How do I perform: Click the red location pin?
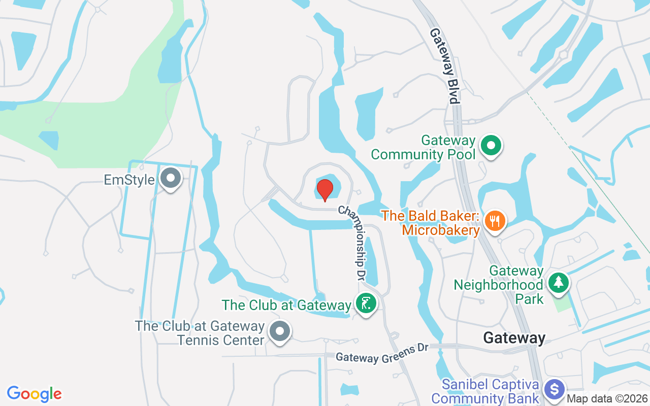(324, 189)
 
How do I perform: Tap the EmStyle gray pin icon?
(171, 179)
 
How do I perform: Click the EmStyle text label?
(129, 180)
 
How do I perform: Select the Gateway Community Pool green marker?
(491, 146)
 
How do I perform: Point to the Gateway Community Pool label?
(423, 147)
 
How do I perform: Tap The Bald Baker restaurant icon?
(494, 221)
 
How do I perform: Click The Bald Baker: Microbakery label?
(431, 223)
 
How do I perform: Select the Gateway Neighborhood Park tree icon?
(559, 282)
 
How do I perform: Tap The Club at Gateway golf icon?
(366, 303)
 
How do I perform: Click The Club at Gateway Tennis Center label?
(200, 332)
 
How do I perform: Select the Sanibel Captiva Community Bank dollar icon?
(554, 390)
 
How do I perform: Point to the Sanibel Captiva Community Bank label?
(485, 391)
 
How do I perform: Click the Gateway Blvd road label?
(445, 65)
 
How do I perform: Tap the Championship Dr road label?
(352, 243)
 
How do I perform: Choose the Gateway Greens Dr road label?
(382, 354)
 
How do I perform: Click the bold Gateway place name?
(514, 338)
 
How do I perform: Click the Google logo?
(34, 393)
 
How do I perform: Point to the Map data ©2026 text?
(606, 399)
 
